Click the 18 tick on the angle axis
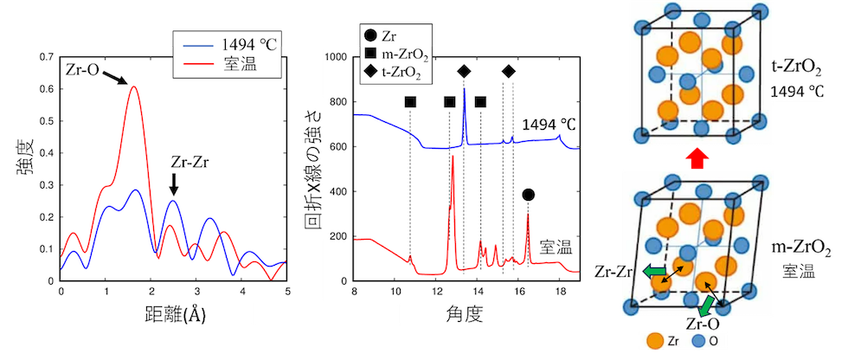(559, 292)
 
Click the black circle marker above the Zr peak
(529, 196)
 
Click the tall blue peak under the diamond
(464, 91)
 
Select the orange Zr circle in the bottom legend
(654, 343)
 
